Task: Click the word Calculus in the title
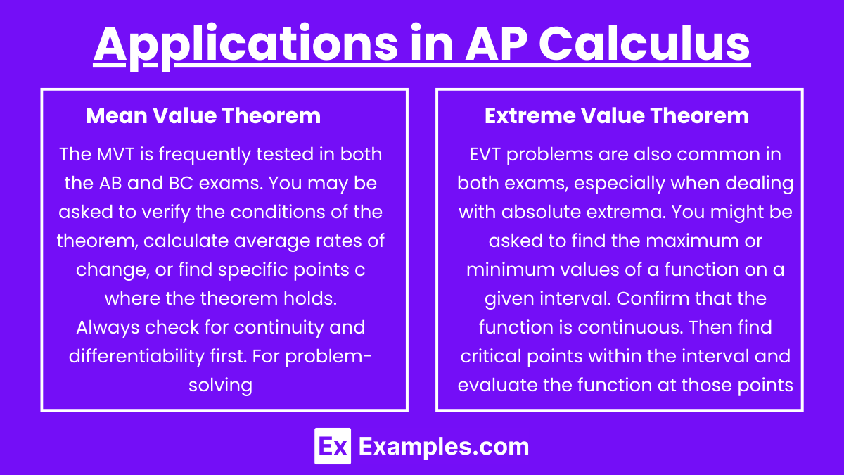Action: tap(644, 44)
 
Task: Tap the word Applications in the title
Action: tap(245, 46)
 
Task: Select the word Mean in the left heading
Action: tap(117, 115)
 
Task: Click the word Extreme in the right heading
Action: tap(530, 115)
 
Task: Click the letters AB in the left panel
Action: tap(110, 183)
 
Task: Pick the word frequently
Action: tap(204, 155)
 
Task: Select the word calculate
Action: tap(186, 241)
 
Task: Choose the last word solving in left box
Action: tap(220, 386)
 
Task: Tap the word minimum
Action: tap(501, 270)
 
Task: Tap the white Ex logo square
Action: tap(333, 446)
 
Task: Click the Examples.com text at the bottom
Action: tap(444, 447)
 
